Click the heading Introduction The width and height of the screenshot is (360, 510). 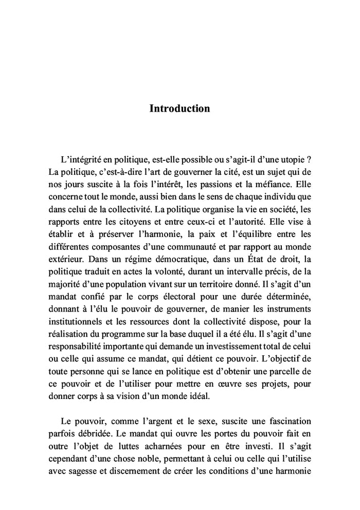pyautogui.click(x=179, y=108)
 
